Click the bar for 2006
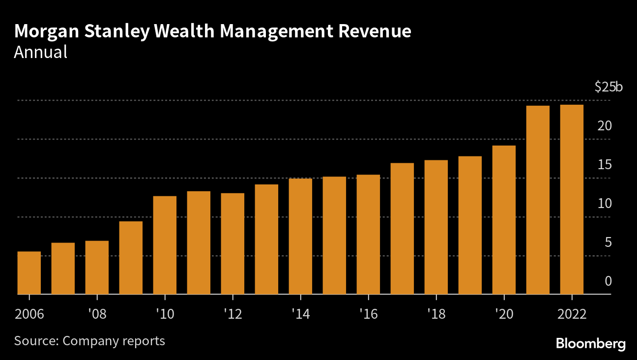point(29,273)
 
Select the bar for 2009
point(131,258)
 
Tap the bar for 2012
point(232,243)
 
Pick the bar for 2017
point(402,229)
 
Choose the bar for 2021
point(538,200)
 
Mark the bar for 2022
point(572,199)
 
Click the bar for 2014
point(300,236)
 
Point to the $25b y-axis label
point(608,87)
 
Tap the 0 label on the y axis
point(608,281)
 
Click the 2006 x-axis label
point(29,314)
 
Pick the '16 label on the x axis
point(368,314)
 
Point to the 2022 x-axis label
point(572,314)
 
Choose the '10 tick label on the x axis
point(165,314)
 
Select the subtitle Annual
point(40,52)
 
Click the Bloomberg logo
point(591,344)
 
